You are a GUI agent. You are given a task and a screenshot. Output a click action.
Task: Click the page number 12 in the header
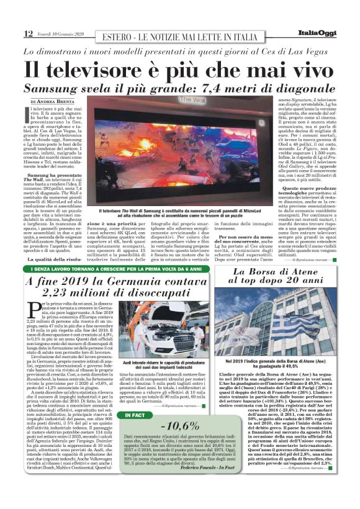28,33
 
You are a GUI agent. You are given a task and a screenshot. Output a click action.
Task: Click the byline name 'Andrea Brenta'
56,101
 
